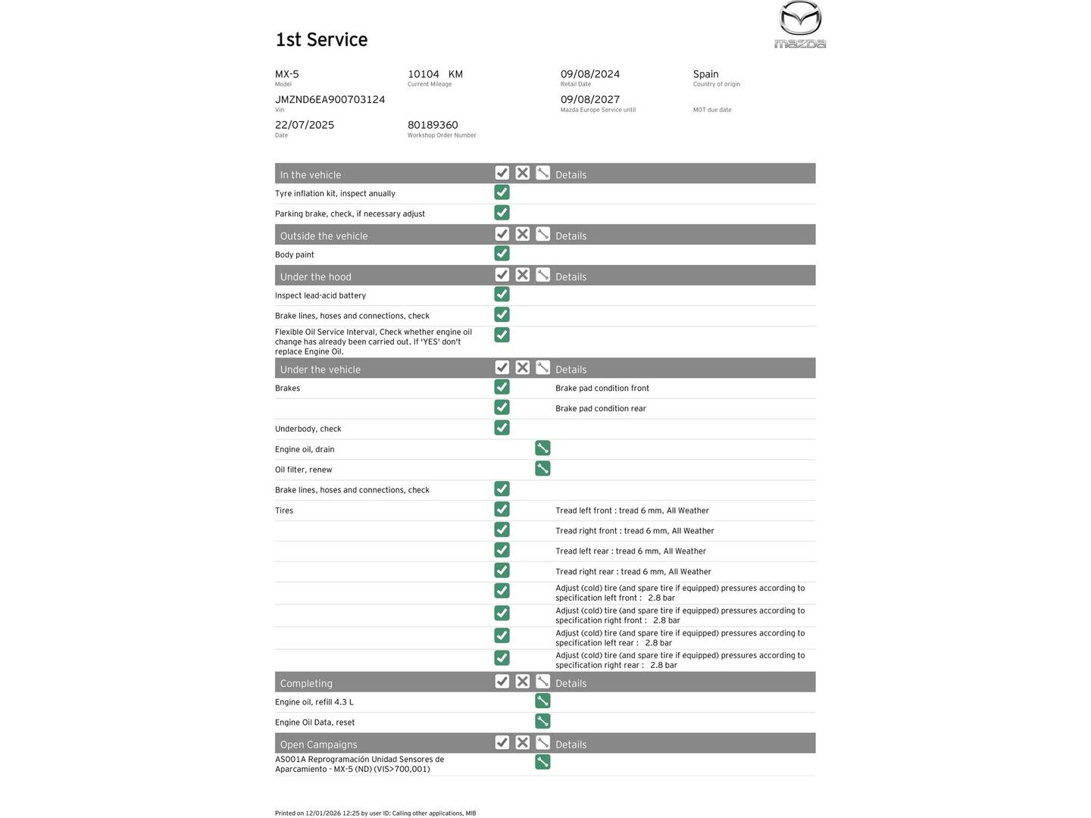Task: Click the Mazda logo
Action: (x=800, y=24)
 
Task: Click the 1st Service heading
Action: (x=321, y=40)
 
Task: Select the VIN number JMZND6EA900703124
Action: (x=330, y=100)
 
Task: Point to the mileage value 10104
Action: (x=424, y=74)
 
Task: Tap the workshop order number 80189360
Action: (x=433, y=125)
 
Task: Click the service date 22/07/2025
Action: (x=305, y=125)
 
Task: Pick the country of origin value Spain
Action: (x=705, y=74)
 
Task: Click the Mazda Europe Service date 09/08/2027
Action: (x=590, y=100)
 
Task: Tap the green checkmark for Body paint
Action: (x=502, y=254)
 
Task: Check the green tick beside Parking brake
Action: (x=502, y=213)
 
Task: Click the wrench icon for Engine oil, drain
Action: (x=542, y=448)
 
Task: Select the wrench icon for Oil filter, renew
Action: (x=542, y=469)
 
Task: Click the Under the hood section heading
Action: (x=316, y=276)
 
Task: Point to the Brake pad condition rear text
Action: (x=601, y=409)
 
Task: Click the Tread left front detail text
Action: (x=632, y=510)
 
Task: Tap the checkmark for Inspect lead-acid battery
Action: (x=502, y=295)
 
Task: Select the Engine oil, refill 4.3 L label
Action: (x=314, y=702)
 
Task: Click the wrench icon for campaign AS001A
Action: (x=542, y=762)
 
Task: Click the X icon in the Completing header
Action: (x=522, y=682)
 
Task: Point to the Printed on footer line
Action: (x=375, y=813)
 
